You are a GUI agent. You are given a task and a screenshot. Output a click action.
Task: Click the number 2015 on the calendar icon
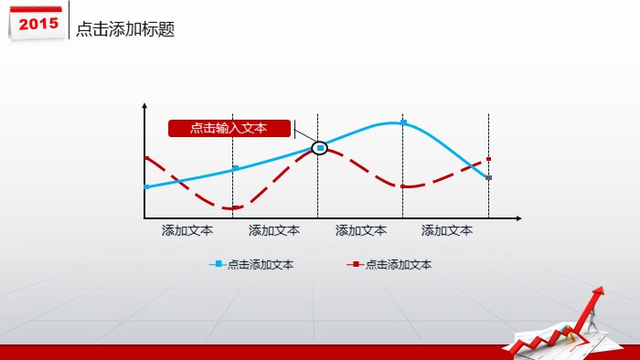[37, 23]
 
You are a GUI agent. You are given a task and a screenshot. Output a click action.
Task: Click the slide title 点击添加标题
[124, 29]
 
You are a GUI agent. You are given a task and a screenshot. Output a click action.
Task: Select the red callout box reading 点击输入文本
[229, 128]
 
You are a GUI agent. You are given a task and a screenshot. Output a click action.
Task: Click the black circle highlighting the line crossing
[320, 147]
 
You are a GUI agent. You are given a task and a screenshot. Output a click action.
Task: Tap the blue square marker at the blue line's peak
[403, 122]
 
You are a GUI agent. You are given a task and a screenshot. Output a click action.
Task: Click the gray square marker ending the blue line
[488, 177]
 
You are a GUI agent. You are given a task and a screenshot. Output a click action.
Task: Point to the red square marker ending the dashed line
[488, 159]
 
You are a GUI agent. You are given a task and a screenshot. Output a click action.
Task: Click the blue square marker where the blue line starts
[145, 186]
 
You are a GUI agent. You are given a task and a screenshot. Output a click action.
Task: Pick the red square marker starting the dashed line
[145, 158]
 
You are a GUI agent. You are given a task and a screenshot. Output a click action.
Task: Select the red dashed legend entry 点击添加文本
[390, 265]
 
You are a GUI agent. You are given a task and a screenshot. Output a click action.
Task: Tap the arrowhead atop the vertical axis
[144, 108]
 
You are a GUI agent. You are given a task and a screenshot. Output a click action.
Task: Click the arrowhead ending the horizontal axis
[518, 218]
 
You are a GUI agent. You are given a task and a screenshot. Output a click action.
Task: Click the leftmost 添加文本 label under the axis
[187, 231]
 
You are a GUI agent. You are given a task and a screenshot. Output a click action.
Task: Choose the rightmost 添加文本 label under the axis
[447, 231]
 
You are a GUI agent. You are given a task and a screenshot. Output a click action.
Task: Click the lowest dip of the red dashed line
[233, 208]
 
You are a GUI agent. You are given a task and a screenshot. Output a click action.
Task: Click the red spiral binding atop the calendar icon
[37, 7]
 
